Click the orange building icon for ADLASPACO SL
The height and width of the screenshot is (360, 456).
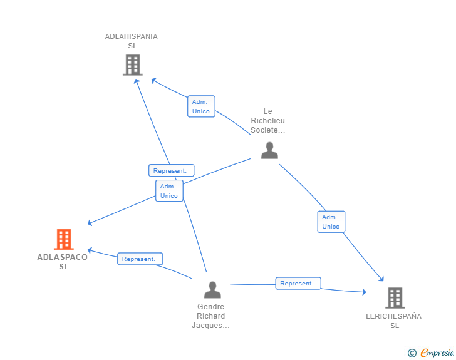tap(64, 239)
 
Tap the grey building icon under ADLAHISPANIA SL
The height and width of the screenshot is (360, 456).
tap(133, 65)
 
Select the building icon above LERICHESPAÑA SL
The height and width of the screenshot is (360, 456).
tap(395, 298)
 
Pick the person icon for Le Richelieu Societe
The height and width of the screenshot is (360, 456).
tap(269, 150)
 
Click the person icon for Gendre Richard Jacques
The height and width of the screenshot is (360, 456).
tap(212, 290)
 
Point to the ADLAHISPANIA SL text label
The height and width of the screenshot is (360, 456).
tap(132, 41)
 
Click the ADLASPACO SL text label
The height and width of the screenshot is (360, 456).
tap(63, 262)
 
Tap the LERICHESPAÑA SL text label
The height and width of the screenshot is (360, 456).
tap(394, 321)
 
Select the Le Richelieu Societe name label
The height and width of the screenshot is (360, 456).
tap(268, 121)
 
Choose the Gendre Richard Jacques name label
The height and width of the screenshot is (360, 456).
tap(211, 316)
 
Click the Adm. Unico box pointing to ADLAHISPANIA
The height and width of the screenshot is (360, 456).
tap(201, 106)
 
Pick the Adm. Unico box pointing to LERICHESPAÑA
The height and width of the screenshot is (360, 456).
tap(331, 222)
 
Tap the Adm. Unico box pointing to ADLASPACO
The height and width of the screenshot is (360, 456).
tap(169, 191)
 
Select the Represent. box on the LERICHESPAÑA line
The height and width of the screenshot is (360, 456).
tap(298, 283)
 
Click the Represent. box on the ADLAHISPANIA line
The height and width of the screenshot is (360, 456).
tap(171, 170)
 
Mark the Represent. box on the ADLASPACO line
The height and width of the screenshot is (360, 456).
tap(140, 259)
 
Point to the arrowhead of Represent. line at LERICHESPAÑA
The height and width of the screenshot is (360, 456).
tap(364, 292)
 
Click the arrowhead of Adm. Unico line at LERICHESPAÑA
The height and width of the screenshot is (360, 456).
tap(381, 279)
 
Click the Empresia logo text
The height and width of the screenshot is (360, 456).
tap(437, 352)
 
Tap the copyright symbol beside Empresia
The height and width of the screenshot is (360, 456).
tap(412, 353)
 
